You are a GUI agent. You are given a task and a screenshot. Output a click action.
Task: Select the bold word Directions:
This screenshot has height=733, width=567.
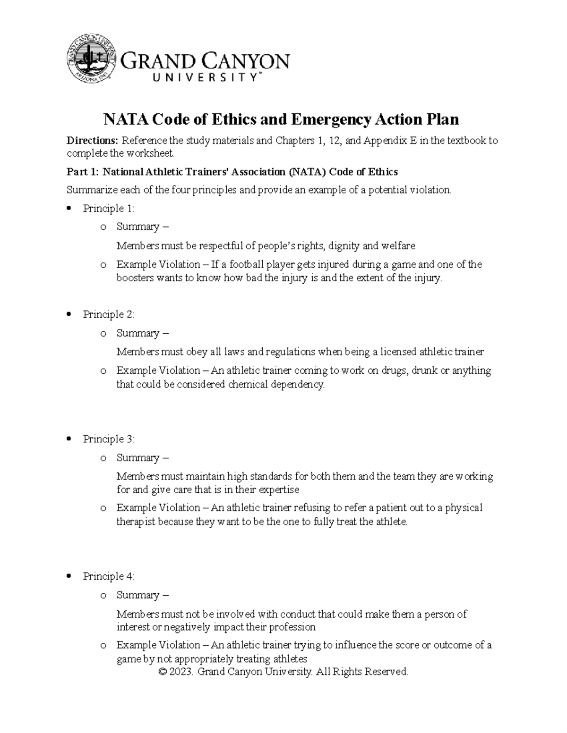93,141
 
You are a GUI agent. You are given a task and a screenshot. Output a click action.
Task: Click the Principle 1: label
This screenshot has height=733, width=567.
109,208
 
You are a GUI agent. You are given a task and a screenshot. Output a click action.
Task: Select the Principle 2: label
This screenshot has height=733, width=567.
109,314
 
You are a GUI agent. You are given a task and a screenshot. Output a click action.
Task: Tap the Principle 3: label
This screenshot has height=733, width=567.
109,439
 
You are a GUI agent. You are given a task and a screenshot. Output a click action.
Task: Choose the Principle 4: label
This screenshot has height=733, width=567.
109,576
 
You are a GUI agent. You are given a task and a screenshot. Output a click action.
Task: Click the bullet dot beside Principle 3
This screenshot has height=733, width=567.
69,439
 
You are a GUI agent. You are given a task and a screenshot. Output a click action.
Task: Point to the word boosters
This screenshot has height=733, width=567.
135,278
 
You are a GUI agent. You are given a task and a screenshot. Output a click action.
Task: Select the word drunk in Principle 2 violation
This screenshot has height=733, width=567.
424,371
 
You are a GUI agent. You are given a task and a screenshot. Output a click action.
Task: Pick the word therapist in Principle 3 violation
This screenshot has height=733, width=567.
136,522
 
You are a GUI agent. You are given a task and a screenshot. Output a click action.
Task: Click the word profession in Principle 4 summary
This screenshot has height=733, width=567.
292,627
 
